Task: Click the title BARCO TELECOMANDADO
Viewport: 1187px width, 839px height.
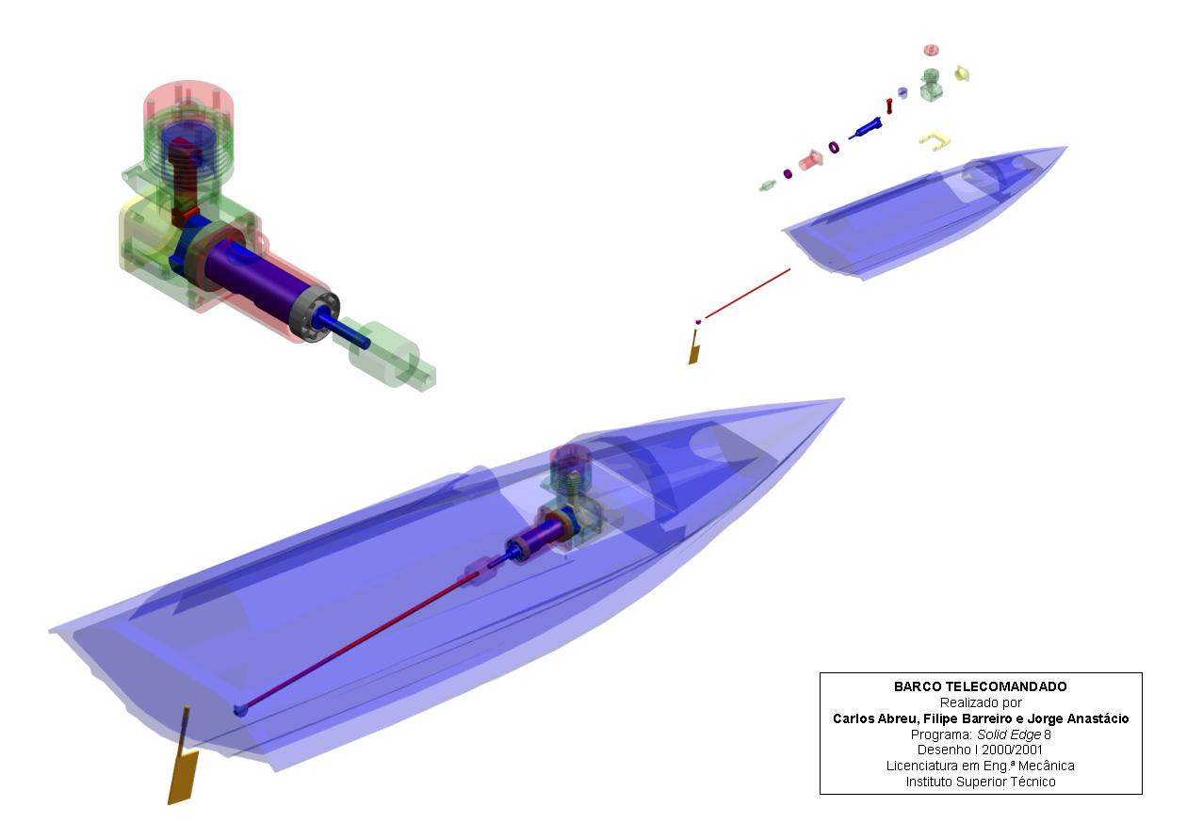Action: (x=980, y=686)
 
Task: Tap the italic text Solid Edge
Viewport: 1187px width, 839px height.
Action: (x=1008, y=734)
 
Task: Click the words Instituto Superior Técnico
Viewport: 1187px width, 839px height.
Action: (x=981, y=782)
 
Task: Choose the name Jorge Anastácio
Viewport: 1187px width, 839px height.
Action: (x=1078, y=718)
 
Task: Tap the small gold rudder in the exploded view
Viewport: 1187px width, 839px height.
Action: (x=694, y=348)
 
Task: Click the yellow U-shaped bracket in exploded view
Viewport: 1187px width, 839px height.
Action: (x=934, y=139)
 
